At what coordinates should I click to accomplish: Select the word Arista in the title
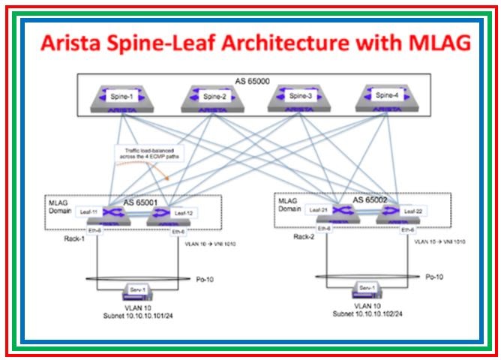click(x=74, y=43)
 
